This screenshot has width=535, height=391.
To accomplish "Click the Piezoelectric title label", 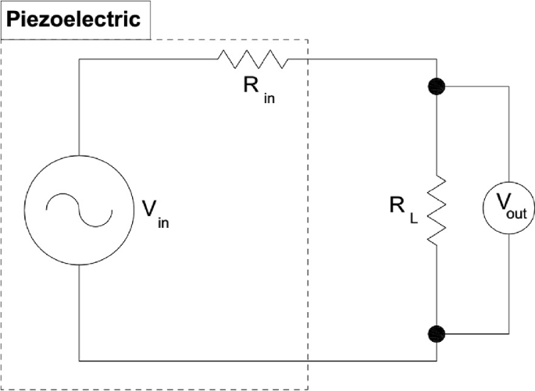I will pyautogui.click(x=74, y=19).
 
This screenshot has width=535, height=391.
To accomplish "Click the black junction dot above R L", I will pyautogui.click(x=435, y=86).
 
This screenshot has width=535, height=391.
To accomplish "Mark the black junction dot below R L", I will pyautogui.click(x=435, y=334).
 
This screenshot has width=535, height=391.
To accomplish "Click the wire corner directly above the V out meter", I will pyautogui.click(x=509, y=86).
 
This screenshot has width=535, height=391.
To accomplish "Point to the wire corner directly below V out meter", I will pyautogui.click(x=509, y=334).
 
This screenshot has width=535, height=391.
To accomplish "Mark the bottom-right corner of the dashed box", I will pyautogui.click(x=310, y=386).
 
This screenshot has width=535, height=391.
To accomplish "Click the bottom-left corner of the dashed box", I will pyautogui.click(x=2, y=386).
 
